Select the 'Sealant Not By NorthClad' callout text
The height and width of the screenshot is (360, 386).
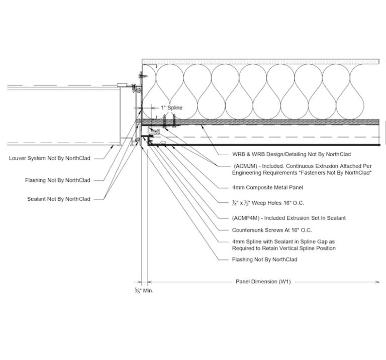[x=59, y=199]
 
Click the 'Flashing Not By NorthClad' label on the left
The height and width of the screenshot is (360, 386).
[x=57, y=180]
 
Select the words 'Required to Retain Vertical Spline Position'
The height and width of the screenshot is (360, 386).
[x=284, y=248]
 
